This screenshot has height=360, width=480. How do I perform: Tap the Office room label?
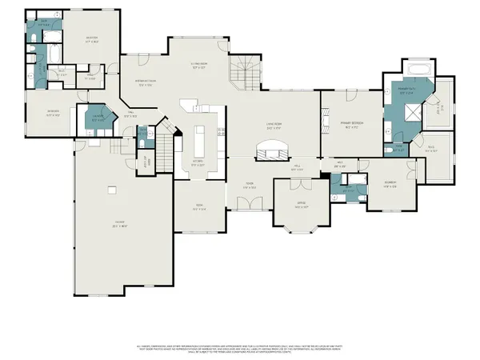pos(302,205)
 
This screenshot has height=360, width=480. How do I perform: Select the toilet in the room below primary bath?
pos(386,149)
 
